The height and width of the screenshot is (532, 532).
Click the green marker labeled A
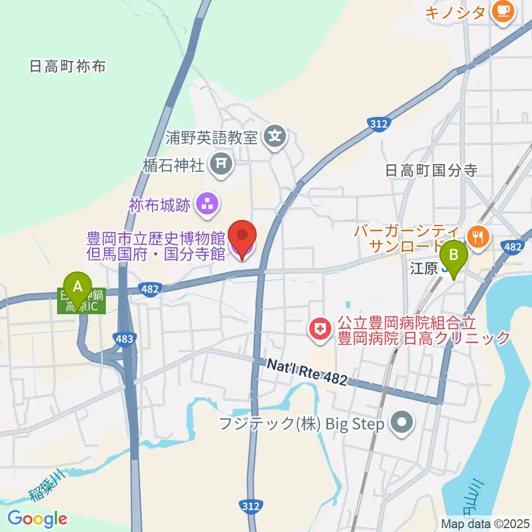[78, 287]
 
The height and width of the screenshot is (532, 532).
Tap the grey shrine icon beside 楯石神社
[221, 163]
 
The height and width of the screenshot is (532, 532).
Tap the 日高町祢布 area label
[67, 67]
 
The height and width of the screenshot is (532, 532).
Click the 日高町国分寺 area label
[431, 170]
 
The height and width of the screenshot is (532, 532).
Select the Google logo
[37, 519]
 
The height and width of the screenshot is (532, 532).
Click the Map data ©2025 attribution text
[485, 523]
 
